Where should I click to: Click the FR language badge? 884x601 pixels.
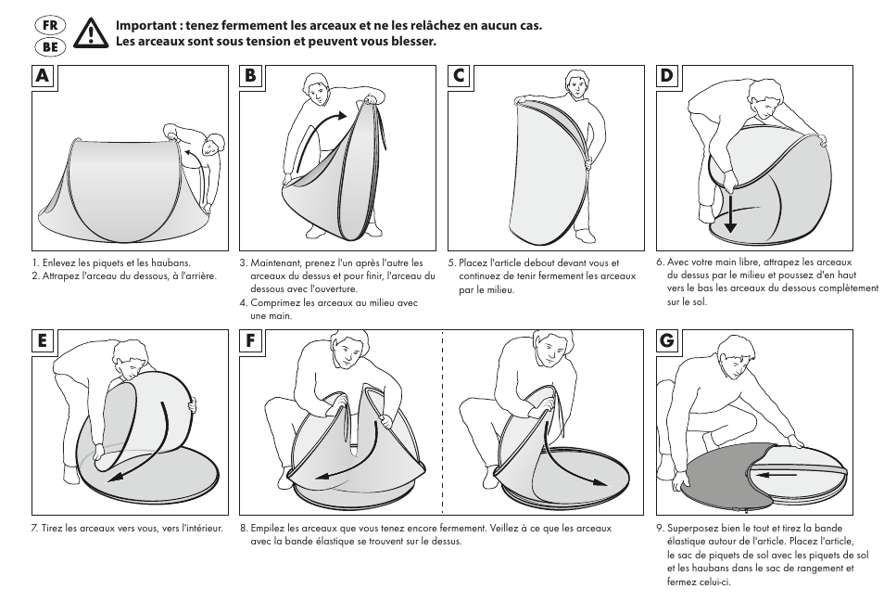click(x=51, y=25)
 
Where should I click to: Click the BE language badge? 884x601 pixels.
click(x=51, y=46)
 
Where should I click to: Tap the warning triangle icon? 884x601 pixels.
click(x=91, y=34)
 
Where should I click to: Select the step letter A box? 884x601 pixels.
click(x=43, y=77)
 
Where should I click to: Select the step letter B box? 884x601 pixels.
click(x=250, y=77)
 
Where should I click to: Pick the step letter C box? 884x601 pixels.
click(x=459, y=77)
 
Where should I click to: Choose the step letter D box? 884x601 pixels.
click(x=666, y=77)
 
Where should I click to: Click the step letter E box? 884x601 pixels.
click(x=43, y=341)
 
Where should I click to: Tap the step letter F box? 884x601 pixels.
click(x=250, y=341)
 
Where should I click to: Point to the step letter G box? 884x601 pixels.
click(x=666, y=341)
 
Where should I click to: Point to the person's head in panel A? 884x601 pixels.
click(x=214, y=144)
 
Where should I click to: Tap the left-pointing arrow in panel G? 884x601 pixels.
click(x=781, y=473)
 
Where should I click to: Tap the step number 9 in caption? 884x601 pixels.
click(x=659, y=528)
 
